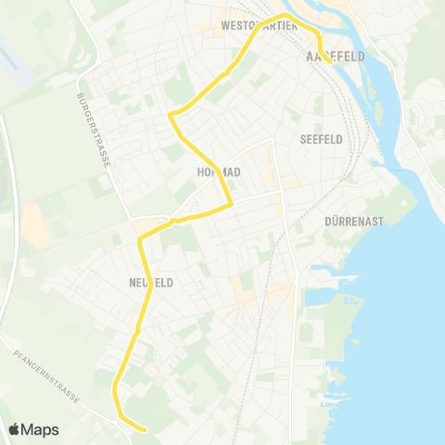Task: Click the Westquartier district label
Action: (x=259, y=26)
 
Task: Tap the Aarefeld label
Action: (x=333, y=57)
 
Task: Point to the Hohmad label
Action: (x=219, y=172)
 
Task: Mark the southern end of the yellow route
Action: (x=146, y=429)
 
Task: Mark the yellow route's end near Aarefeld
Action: (x=331, y=63)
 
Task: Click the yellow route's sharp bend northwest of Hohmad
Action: (x=171, y=115)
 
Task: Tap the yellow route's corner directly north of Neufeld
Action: (x=141, y=240)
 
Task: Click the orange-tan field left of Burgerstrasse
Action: (x=36, y=225)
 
